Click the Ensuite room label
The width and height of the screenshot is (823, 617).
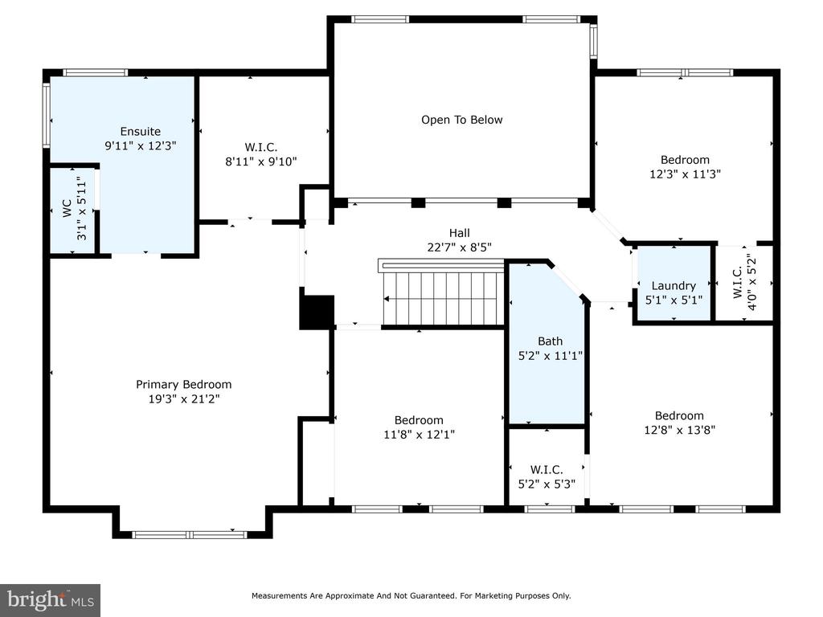(140, 132)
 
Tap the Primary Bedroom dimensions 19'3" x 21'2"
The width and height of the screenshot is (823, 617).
(184, 398)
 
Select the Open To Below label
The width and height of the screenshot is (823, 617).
(462, 120)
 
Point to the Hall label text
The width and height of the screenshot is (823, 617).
(459, 233)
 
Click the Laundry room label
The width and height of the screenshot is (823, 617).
(674, 286)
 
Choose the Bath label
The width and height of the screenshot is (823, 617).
(550, 341)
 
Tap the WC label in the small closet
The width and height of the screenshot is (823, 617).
(67, 208)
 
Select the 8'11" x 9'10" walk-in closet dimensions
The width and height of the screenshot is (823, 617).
(261, 161)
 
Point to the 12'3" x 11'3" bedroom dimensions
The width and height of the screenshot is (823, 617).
(685, 174)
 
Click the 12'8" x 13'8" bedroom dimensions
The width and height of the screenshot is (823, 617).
(679, 431)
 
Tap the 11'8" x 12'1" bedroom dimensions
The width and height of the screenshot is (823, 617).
(419, 435)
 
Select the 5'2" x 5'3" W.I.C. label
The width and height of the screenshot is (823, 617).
(547, 477)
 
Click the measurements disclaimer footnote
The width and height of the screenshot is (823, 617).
(411, 595)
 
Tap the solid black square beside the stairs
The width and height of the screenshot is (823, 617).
(317, 313)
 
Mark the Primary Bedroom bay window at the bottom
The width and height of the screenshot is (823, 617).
(189, 534)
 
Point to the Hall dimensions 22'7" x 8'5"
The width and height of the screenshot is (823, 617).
(459, 247)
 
